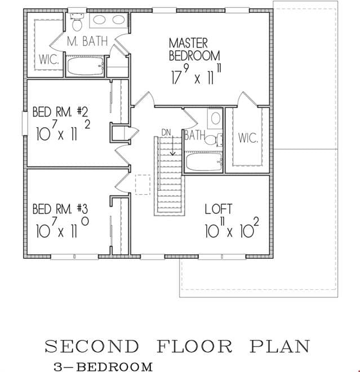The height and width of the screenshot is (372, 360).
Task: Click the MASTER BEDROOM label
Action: (194, 50)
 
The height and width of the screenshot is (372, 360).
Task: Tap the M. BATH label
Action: (87, 41)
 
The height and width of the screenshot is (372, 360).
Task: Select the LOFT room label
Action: (218, 209)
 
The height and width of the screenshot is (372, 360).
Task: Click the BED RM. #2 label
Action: (60, 112)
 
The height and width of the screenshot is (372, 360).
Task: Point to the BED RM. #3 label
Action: (60, 209)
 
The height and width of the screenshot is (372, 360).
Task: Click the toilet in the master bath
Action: (77, 22)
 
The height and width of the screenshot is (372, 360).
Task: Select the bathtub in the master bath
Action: (86, 66)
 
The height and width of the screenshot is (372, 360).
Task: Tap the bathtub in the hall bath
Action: (204, 162)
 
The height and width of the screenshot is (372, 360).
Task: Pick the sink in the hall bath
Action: (215, 118)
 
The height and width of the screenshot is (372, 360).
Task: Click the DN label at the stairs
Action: (166, 133)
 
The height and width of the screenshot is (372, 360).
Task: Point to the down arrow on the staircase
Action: (173, 146)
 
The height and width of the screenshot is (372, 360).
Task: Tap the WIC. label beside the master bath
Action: (48, 59)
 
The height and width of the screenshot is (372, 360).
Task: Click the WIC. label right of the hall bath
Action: (248, 138)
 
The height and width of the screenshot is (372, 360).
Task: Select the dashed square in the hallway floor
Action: (143, 185)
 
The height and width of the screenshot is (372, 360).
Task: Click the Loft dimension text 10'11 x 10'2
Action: (232, 227)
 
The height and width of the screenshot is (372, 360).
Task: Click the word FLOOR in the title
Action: (194, 346)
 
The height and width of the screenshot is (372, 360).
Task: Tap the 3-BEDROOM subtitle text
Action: (103, 366)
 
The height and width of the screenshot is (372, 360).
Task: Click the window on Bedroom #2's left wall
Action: (25, 123)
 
